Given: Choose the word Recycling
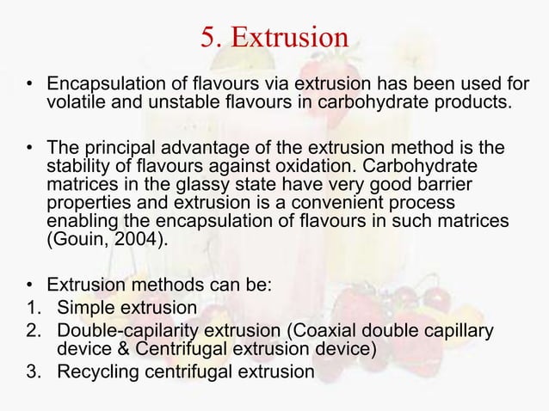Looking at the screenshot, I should tap(94, 371).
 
